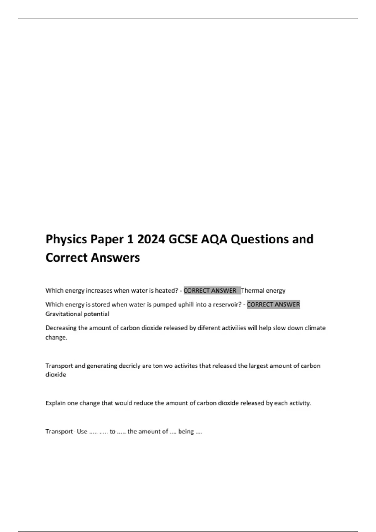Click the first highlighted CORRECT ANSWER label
click(x=210, y=291)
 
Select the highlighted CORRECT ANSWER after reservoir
click(x=273, y=304)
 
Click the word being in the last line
click(x=186, y=432)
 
